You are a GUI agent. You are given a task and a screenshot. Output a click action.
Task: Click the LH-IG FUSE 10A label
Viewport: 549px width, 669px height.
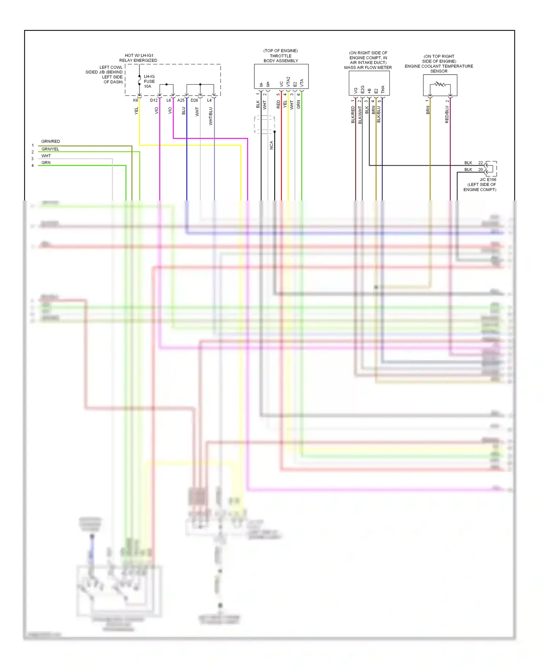(x=149, y=82)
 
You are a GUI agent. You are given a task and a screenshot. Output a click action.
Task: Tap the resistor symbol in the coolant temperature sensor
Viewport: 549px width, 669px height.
(x=440, y=85)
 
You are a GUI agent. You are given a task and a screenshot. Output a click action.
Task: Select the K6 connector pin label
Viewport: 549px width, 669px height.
(x=136, y=100)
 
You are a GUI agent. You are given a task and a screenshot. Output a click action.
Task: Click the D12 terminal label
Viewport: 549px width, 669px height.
(x=154, y=100)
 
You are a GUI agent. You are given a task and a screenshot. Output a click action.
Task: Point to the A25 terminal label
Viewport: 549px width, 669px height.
(x=181, y=100)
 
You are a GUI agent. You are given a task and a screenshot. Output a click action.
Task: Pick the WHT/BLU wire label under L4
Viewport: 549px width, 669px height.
(x=211, y=116)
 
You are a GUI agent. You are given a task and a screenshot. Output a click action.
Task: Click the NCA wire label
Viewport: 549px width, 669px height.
(x=272, y=145)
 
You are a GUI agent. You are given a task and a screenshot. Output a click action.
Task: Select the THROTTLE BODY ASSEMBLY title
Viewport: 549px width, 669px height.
(x=281, y=58)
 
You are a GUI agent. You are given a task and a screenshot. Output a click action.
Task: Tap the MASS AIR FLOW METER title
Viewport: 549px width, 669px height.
(x=368, y=68)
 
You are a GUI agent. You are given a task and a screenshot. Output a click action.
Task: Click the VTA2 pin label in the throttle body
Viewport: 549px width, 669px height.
(x=288, y=82)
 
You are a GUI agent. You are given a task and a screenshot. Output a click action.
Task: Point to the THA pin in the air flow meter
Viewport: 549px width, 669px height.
(x=383, y=89)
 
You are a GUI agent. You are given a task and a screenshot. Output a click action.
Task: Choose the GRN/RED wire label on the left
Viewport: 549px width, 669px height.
(x=51, y=141)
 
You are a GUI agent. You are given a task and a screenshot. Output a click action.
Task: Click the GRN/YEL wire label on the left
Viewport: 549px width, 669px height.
(x=50, y=149)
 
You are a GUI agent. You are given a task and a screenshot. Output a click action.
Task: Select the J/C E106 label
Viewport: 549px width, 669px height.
(x=488, y=180)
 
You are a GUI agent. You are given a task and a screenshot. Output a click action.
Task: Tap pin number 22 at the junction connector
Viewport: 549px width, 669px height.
(x=481, y=163)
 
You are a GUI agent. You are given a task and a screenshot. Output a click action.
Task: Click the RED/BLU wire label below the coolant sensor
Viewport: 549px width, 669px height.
(x=447, y=114)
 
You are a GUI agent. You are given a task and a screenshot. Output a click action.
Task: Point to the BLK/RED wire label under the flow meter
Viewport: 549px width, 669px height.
(x=353, y=114)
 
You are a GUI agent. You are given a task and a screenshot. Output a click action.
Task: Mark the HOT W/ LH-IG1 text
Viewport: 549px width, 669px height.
(x=139, y=56)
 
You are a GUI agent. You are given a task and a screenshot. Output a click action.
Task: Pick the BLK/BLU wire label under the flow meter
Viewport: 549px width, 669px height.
(x=379, y=114)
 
